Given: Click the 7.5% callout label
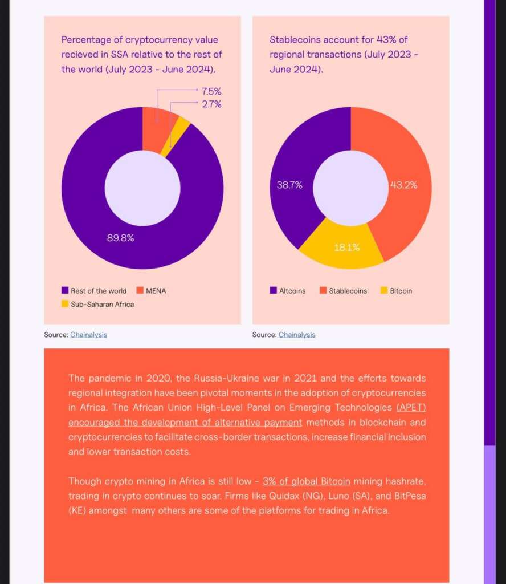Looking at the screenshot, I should tap(211, 91).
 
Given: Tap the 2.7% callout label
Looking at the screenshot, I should tap(211, 104).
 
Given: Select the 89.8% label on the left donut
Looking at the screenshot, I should tap(121, 238).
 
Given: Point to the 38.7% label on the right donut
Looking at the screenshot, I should tap(289, 185).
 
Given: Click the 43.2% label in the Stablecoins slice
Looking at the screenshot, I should tap(403, 185).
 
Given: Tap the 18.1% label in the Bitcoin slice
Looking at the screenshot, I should tap(346, 248).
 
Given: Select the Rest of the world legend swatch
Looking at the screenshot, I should tap(65, 291).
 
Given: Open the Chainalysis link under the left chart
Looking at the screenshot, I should tap(88, 335).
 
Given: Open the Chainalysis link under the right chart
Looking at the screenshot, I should tap(297, 335).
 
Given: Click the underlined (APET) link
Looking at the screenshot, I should tap(411, 408).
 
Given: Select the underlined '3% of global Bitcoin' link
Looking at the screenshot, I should tap(307, 481).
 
